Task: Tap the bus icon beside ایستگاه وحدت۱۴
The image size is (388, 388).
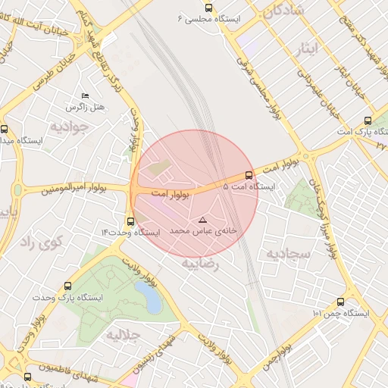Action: tap(131, 222)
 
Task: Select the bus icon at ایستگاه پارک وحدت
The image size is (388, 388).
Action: tap(69, 286)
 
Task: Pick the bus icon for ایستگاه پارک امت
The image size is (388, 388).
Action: tap(368, 120)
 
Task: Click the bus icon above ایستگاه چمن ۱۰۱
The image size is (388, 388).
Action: tap(350, 301)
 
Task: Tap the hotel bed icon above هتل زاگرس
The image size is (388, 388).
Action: tap(85, 96)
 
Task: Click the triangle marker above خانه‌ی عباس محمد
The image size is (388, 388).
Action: tap(202, 220)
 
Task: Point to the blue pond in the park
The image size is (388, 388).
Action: tap(151, 300)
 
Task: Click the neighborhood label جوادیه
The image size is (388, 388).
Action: tap(69, 126)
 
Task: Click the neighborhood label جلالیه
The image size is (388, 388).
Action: tap(124, 334)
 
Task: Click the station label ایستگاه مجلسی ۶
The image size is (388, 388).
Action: tap(208, 17)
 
